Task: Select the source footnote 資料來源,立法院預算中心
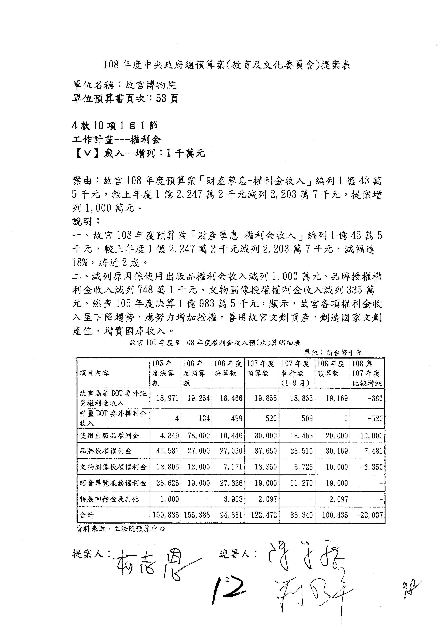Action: (x=121, y=528)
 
